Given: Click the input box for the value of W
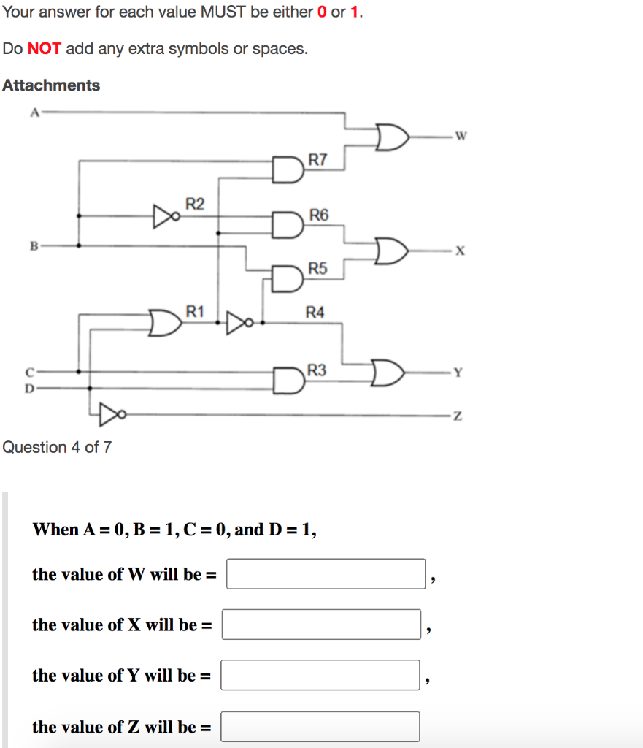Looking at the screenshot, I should click(x=326, y=573).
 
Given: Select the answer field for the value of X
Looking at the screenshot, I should click(x=321, y=625).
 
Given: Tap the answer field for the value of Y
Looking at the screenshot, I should click(x=320, y=675).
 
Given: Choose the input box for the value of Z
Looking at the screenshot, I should click(x=320, y=726).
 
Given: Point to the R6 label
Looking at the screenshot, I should click(x=319, y=215).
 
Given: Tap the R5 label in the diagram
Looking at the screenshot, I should click(x=317, y=269).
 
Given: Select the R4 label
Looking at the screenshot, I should click(x=315, y=313).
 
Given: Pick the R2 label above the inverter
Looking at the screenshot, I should click(x=195, y=203).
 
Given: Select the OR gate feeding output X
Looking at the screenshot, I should click(x=390, y=251).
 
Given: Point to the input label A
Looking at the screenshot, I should click(x=33, y=112).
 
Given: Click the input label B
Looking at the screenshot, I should click(x=33, y=245).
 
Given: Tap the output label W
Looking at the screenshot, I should click(x=460, y=135).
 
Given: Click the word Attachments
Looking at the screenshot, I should click(x=51, y=85).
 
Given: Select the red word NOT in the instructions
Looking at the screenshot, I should click(x=44, y=49).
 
